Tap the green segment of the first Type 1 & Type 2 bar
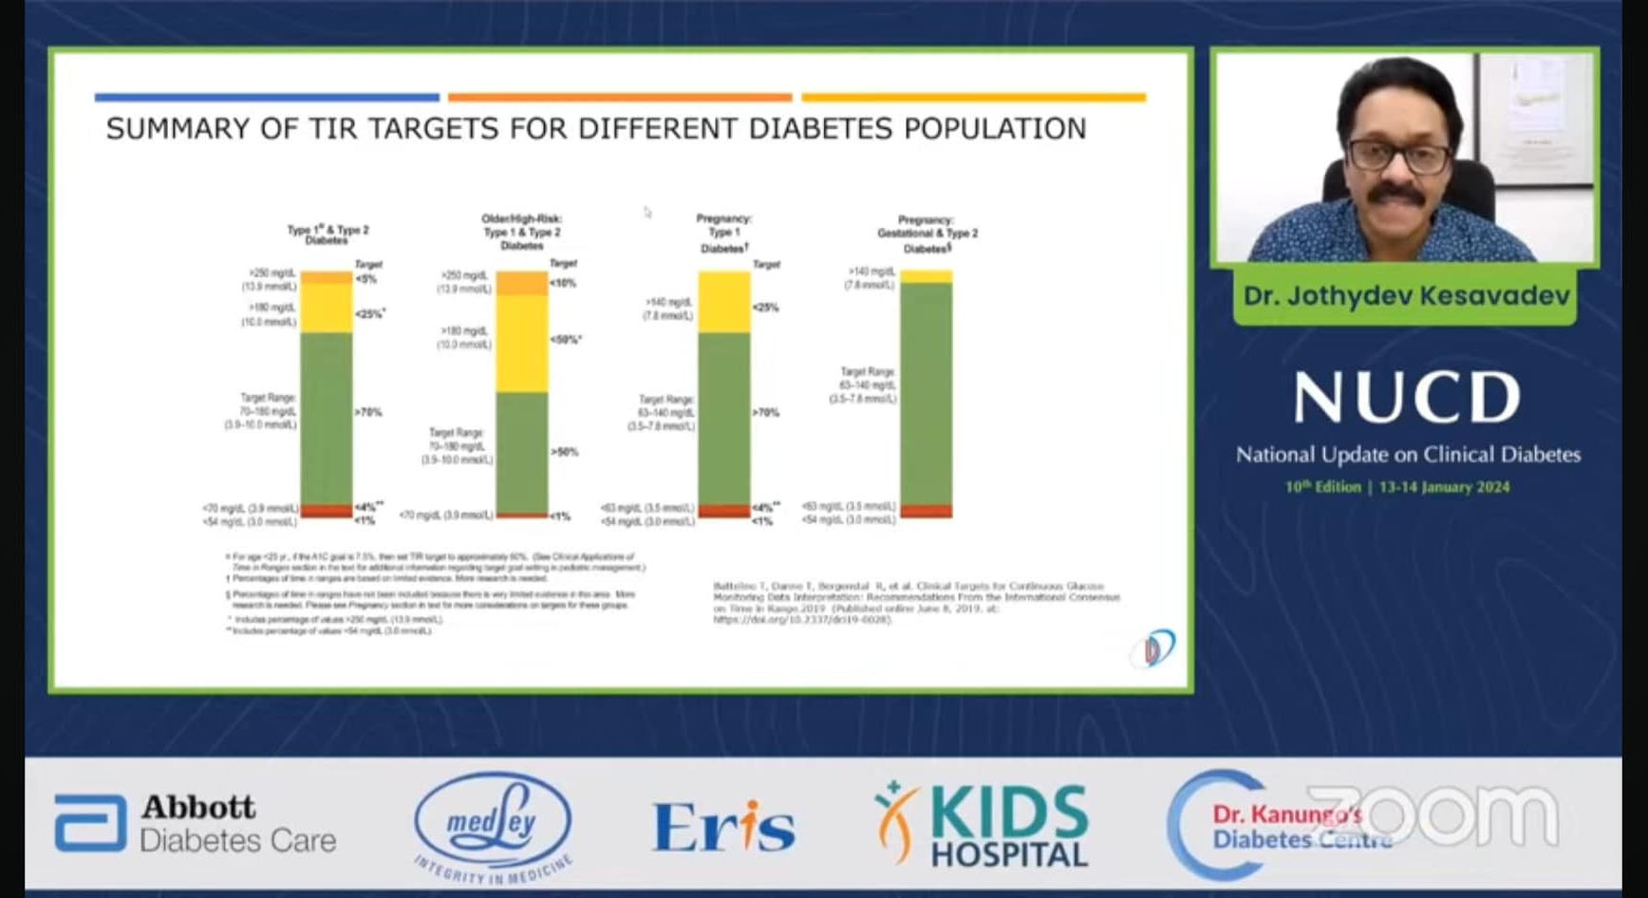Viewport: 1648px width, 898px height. click(x=326, y=418)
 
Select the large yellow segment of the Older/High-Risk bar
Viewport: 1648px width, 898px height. click(x=521, y=343)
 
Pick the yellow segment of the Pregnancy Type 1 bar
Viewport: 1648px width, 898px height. click(x=723, y=302)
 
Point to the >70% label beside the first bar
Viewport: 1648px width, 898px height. click(x=368, y=412)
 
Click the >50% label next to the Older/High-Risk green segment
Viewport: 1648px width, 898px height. click(x=565, y=452)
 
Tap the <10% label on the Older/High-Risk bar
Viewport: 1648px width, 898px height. click(x=563, y=283)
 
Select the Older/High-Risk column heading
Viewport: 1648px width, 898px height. click(x=521, y=232)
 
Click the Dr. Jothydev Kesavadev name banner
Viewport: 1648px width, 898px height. click(x=1405, y=296)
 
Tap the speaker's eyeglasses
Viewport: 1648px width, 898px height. click(x=1398, y=155)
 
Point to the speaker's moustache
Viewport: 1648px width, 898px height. click(x=1395, y=195)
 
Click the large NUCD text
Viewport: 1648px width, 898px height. click(x=1407, y=397)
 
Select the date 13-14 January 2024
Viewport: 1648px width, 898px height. click(x=1444, y=487)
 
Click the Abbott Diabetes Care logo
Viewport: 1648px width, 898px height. click(x=196, y=823)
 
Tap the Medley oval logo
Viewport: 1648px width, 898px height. click(x=493, y=822)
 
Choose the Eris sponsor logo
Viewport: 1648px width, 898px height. click(x=723, y=826)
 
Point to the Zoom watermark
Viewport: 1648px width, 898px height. click(x=1433, y=814)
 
